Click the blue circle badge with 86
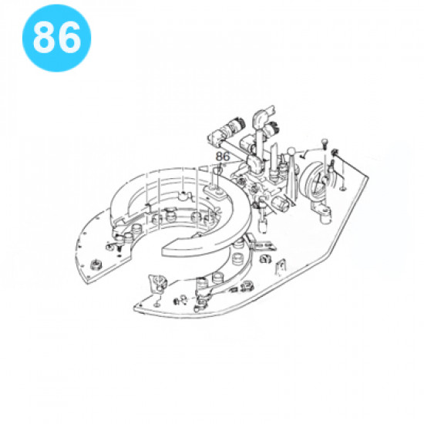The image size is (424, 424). [56, 38]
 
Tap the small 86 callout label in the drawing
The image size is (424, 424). [222, 156]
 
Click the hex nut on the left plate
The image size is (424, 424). [96, 264]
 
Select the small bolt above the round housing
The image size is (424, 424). [324, 143]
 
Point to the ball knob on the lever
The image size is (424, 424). [291, 151]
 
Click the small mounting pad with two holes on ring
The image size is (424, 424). [215, 193]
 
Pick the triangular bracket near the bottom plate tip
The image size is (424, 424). [157, 284]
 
